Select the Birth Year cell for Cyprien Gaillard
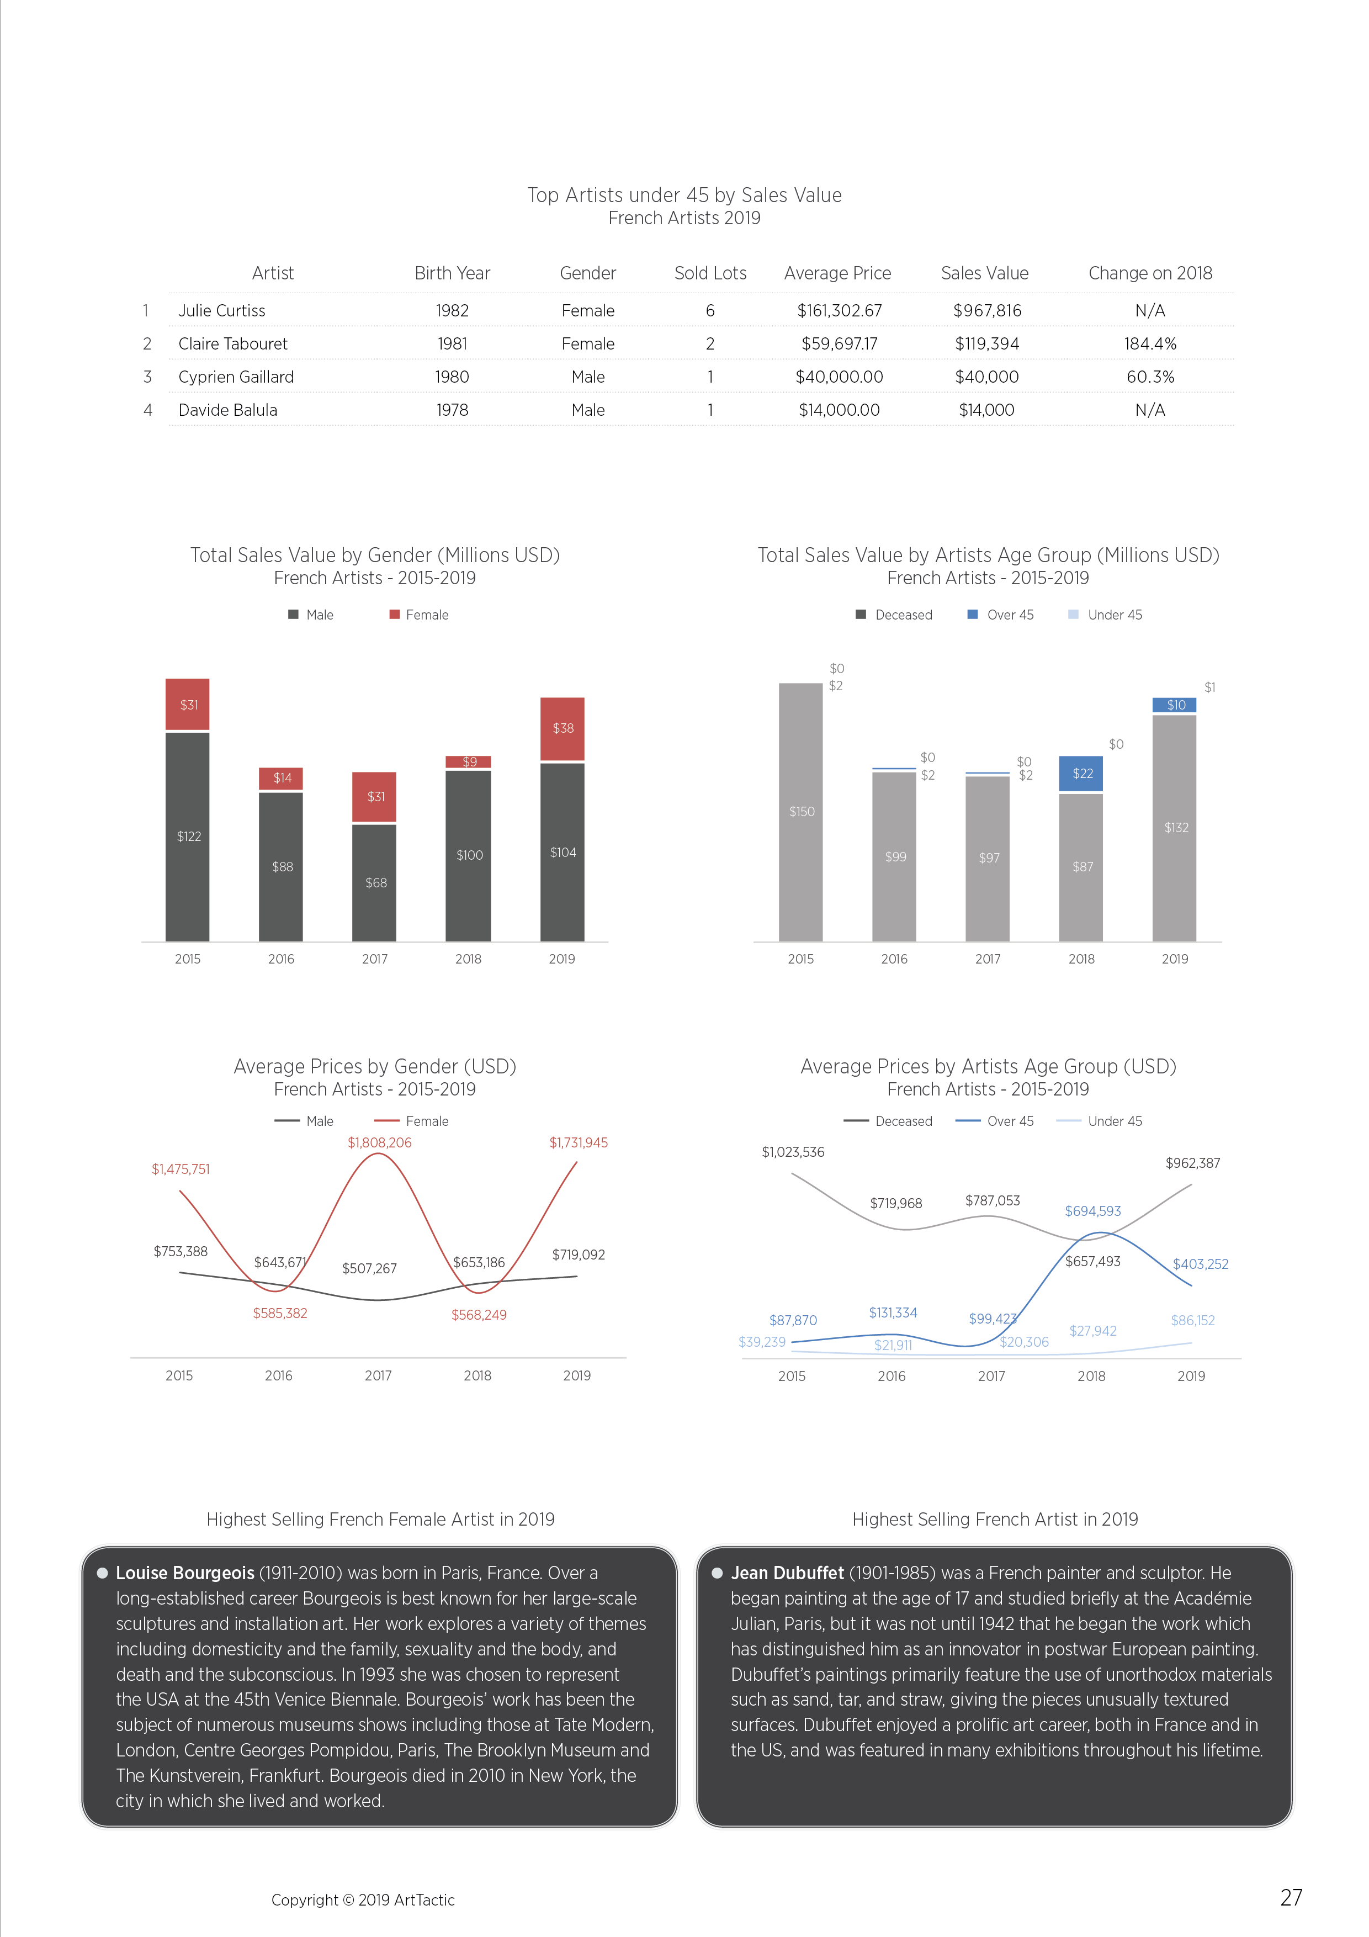click(x=452, y=377)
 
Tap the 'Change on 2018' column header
click(x=1150, y=273)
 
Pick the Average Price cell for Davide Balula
click(x=839, y=410)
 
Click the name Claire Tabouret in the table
click(x=233, y=344)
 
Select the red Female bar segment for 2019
click(x=563, y=729)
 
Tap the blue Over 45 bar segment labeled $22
click(x=1081, y=774)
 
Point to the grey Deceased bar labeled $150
click(x=800, y=812)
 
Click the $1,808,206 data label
click(x=380, y=1142)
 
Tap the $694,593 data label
click(x=1093, y=1210)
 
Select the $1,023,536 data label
click(x=793, y=1152)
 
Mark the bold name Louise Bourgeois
click(x=185, y=1573)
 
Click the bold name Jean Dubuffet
click(x=787, y=1573)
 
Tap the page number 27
click(x=1291, y=1897)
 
